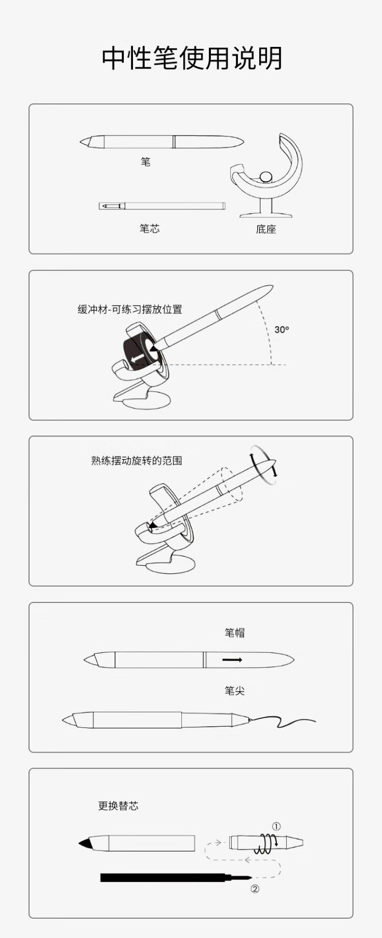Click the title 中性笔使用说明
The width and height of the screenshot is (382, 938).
(x=192, y=58)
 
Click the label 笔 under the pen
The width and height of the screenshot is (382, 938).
(x=146, y=162)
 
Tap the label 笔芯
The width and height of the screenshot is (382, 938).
(x=150, y=229)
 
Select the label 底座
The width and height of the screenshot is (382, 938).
(x=266, y=229)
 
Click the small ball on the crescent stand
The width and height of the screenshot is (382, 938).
(x=265, y=178)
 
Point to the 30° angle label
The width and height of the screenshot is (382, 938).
(x=282, y=329)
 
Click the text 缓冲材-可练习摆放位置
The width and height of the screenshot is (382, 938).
(x=130, y=309)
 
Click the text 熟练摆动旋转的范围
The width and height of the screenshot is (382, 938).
(x=137, y=461)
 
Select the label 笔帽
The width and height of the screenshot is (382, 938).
(x=235, y=632)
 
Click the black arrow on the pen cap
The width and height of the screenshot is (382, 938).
(x=232, y=660)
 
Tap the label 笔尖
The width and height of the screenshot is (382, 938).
(x=235, y=691)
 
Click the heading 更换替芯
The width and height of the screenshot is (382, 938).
(x=118, y=806)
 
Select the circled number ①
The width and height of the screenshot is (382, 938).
(x=276, y=826)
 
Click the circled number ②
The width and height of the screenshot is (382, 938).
(x=255, y=889)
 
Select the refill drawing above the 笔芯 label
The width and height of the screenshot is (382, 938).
(x=162, y=206)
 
